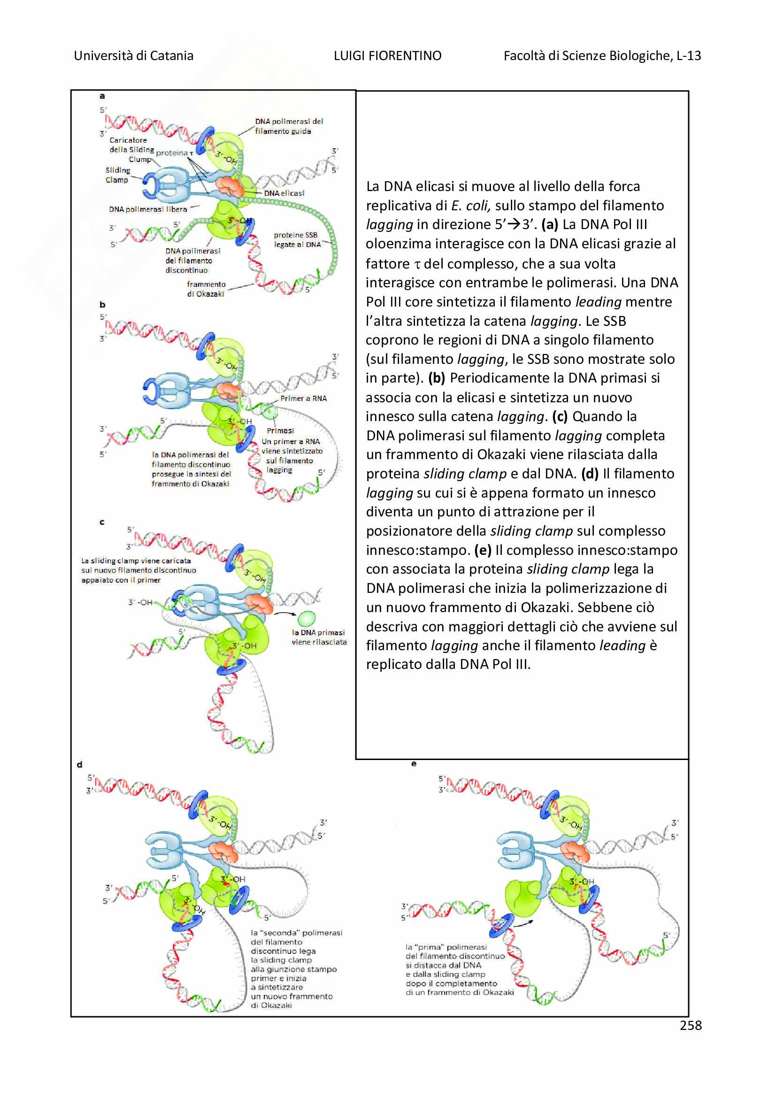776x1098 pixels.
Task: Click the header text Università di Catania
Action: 133,56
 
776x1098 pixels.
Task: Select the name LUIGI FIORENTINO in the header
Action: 387,56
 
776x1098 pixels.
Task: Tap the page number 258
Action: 691,1025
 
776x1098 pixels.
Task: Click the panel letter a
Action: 102,96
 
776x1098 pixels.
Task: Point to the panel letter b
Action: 102,305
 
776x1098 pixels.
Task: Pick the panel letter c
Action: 102,522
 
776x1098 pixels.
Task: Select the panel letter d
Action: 80,765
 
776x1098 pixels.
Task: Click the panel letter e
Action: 414,764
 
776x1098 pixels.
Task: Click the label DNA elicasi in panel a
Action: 284,193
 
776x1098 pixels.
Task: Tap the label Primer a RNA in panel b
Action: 303,399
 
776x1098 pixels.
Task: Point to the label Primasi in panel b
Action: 280,430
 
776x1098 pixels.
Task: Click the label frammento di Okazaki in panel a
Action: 206,289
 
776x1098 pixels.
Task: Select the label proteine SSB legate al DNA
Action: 297,239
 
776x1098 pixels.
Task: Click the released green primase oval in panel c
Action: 307,618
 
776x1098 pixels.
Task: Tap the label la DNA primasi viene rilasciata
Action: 319,637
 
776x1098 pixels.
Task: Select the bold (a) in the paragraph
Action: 550,224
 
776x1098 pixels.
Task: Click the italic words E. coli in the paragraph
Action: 470,206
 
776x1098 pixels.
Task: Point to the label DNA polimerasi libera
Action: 148,209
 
